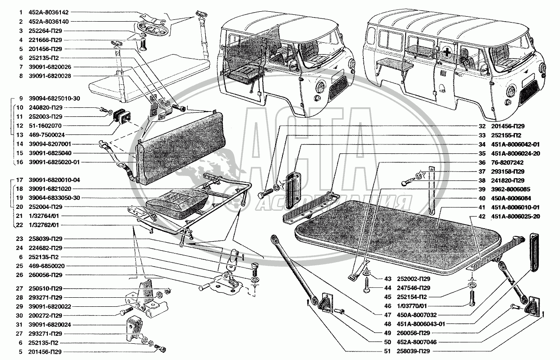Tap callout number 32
(x=482, y=126)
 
